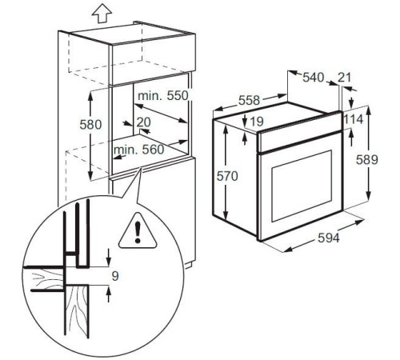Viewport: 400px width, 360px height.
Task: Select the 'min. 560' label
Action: [x=138, y=149]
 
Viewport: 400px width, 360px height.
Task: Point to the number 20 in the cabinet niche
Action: [x=143, y=122]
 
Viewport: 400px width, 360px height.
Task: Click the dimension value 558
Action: [x=229, y=102]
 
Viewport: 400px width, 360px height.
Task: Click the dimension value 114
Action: [x=354, y=119]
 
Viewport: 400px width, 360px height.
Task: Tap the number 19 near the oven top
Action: [x=256, y=122]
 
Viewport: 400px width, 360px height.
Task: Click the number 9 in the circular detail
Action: [x=115, y=277]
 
